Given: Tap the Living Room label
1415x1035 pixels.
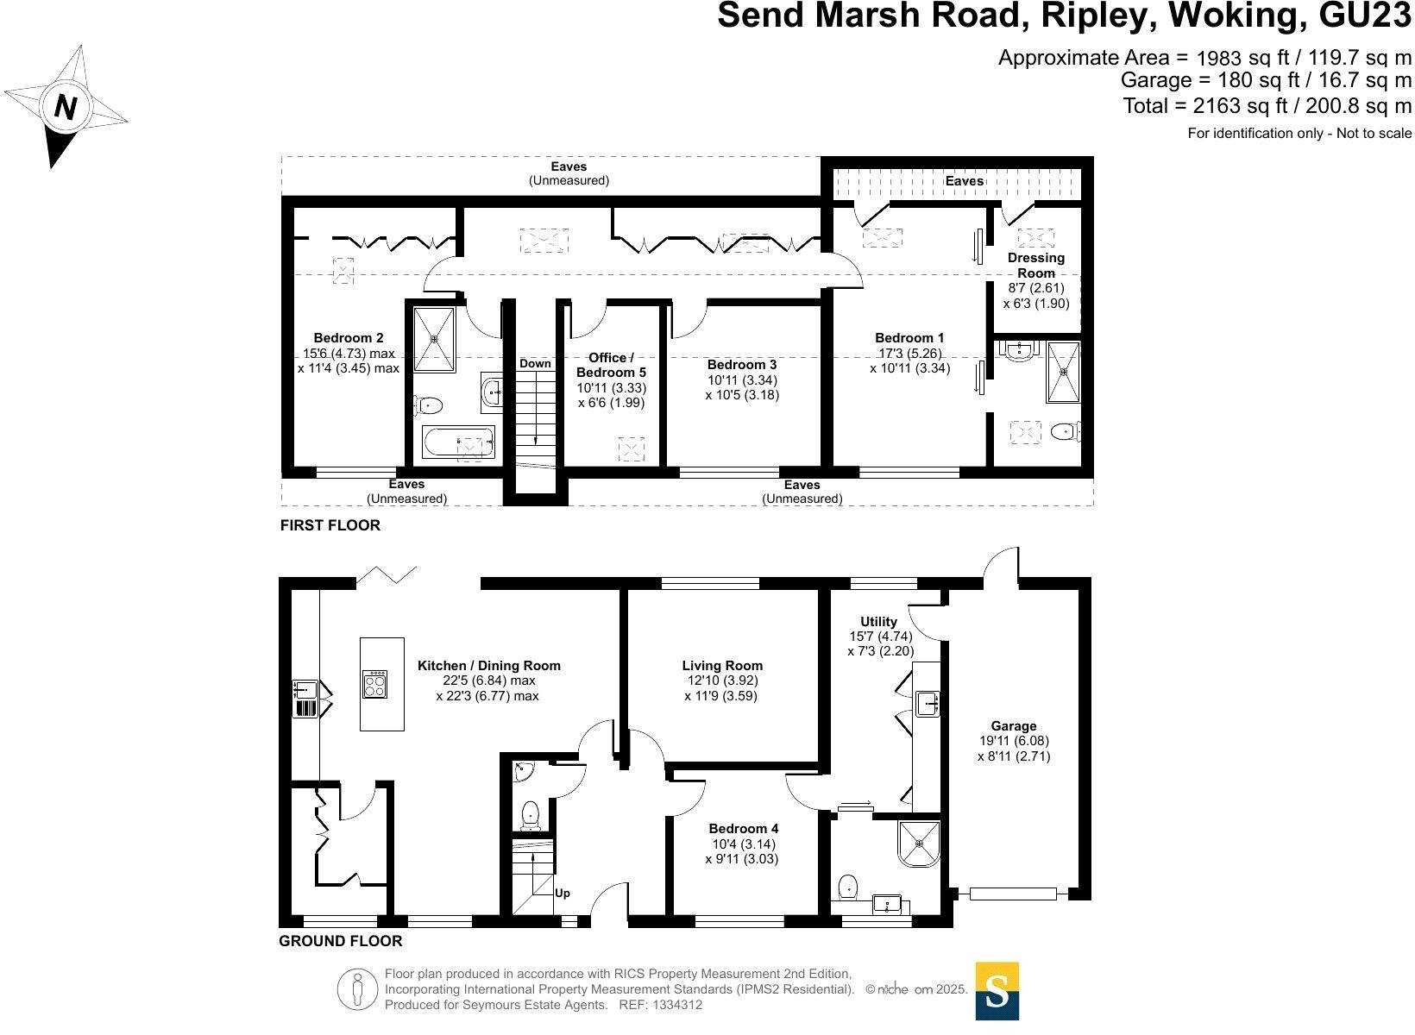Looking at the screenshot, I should [x=722, y=665].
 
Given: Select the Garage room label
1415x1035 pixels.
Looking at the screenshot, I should [x=1013, y=726].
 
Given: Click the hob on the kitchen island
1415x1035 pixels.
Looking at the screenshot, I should [x=375, y=684].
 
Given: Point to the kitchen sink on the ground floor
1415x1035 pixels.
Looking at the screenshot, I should [x=302, y=689].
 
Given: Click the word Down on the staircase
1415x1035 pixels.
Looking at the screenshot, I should [x=535, y=363].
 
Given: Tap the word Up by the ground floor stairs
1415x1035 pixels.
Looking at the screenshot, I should [x=563, y=893].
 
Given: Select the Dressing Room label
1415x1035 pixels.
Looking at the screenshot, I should [x=1035, y=265].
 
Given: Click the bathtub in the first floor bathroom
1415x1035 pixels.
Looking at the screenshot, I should [x=458, y=443].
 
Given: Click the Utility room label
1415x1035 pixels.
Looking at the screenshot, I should [x=878, y=621].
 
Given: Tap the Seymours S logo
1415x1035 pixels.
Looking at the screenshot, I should [x=997, y=990].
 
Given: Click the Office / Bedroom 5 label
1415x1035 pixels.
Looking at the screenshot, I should [x=611, y=365].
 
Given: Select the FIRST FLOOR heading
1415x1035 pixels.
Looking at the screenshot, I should [x=330, y=525].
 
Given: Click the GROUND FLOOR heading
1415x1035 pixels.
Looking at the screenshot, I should [x=340, y=941].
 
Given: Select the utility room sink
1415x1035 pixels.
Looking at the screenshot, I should [x=928, y=703].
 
